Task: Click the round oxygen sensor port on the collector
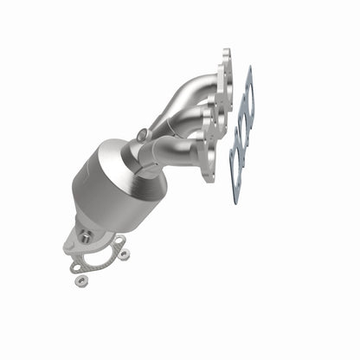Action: [142, 135]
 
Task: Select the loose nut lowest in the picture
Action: [80, 281]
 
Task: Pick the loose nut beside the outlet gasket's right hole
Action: [125, 254]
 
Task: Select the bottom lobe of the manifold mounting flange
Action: [208, 170]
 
